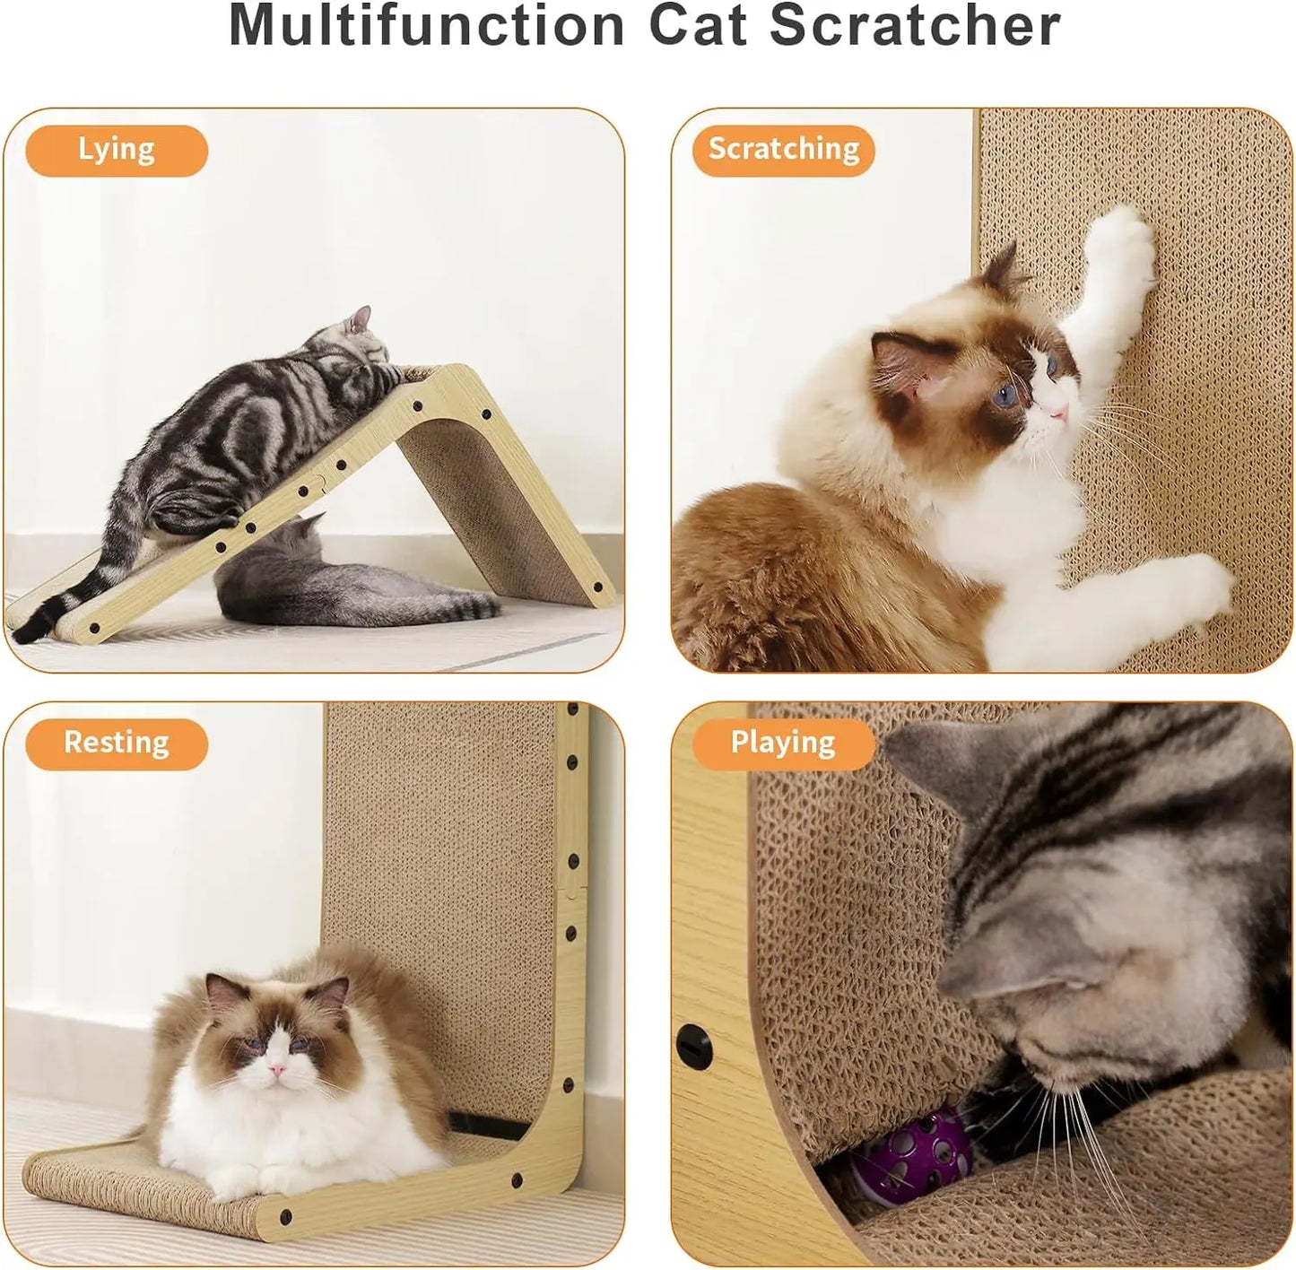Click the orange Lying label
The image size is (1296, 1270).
coord(117,150)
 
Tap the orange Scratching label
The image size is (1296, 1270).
coord(783,150)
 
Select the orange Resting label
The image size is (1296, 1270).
coord(117,744)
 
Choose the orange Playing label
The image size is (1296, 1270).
coord(783,744)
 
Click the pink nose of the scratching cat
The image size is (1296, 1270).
coord(1060,411)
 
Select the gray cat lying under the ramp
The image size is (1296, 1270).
coord(341,583)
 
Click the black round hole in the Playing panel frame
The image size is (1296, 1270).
coord(693,1046)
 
